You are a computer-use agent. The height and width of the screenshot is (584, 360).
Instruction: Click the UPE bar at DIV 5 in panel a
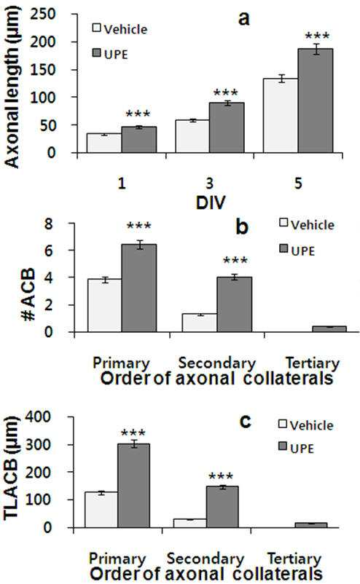point(316,100)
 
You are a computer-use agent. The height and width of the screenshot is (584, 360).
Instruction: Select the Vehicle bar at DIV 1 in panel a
point(104,143)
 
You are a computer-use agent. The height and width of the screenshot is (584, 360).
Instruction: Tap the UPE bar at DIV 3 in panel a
point(227,127)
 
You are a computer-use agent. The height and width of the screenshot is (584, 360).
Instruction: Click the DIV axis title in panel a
point(211,202)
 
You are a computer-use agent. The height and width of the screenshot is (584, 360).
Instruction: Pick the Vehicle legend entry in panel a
point(120,28)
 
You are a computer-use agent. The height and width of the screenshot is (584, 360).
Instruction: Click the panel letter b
point(242,226)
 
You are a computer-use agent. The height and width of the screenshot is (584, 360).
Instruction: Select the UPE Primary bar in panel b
point(139,288)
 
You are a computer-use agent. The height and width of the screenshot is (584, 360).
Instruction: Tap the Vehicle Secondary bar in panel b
point(200,323)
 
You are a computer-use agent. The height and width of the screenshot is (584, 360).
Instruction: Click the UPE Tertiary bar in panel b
point(329,329)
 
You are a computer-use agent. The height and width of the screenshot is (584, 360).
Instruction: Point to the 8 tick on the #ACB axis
point(49,224)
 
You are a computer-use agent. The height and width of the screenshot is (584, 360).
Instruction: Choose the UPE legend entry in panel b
point(297,250)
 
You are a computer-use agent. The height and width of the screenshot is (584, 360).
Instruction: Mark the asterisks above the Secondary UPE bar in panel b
point(235,260)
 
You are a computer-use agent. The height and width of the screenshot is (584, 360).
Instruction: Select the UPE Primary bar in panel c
point(134,486)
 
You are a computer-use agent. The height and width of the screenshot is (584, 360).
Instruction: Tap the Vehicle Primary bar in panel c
point(101,510)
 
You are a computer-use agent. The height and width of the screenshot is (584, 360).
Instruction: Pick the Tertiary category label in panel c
point(294,559)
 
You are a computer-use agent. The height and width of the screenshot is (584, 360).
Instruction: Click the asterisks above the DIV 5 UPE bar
point(317,36)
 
